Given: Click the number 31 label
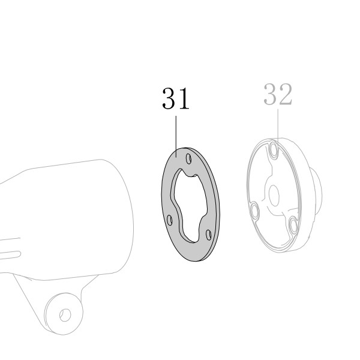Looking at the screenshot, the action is (176, 99).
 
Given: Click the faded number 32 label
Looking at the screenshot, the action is (278, 94).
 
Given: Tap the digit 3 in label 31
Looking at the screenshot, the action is (169, 99).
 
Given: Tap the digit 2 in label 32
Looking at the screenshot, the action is (286, 94).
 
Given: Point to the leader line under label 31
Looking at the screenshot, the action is (176, 136).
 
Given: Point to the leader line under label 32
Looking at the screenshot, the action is (278, 127).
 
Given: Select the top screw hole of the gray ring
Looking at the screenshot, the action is (188, 158).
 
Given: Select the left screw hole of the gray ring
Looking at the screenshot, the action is (170, 220).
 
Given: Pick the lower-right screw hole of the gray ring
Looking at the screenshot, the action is (209, 235).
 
